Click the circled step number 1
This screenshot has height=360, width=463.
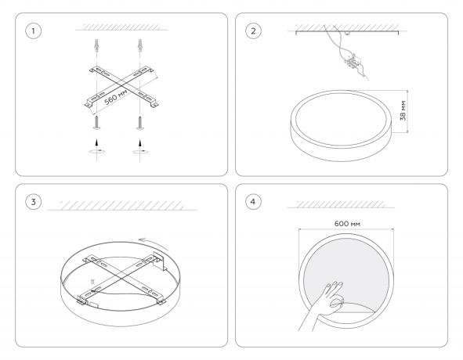(x=33, y=31)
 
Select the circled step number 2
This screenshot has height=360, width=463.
(x=253, y=31)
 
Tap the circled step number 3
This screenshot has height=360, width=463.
(x=33, y=202)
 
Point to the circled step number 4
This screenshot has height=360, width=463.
(x=253, y=202)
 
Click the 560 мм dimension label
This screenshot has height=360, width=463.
(x=117, y=96)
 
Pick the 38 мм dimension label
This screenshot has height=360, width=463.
(x=403, y=110)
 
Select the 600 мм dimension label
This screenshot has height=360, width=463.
(x=347, y=224)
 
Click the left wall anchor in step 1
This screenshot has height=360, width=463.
(x=96, y=45)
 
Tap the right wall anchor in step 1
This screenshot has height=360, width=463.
(x=140, y=45)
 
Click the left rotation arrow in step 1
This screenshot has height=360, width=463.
(x=97, y=151)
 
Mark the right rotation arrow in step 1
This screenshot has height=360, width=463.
(x=140, y=152)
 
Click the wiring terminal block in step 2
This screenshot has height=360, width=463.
(x=353, y=62)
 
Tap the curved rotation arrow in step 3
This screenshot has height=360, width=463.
(x=154, y=243)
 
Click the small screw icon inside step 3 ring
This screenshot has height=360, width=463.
(x=92, y=281)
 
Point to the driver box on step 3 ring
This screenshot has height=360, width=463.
(x=160, y=261)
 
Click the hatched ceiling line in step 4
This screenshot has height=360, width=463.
(x=341, y=205)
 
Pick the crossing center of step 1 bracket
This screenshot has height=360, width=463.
(x=121, y=86)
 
